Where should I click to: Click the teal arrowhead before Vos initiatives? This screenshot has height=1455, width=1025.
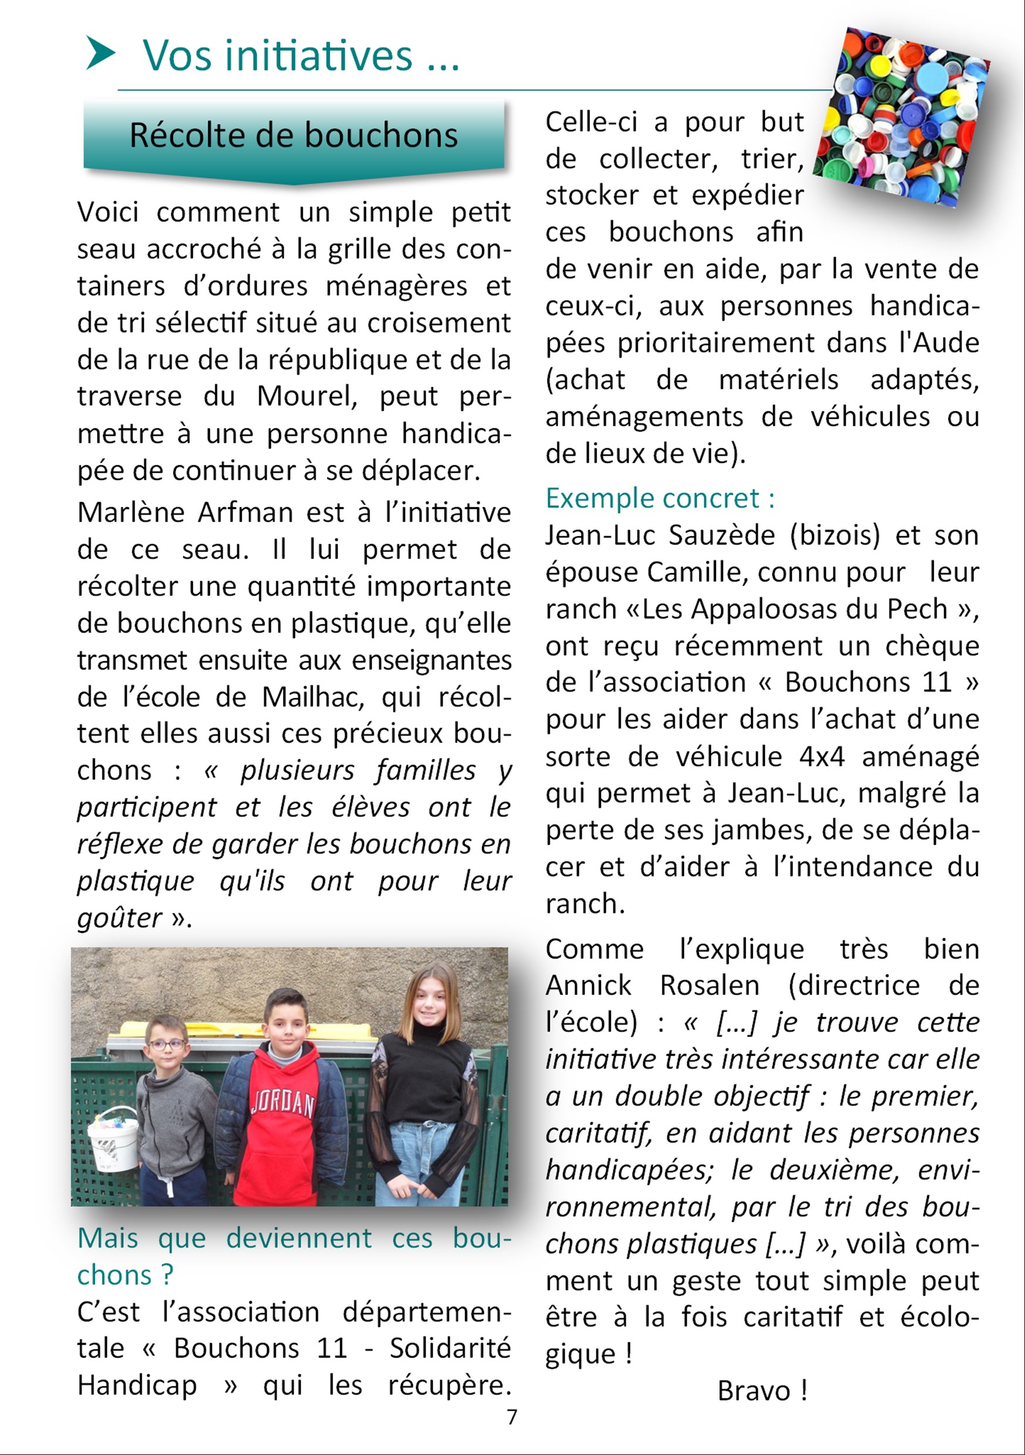(x=100, y=53)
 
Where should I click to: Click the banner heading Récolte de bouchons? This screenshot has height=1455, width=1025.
(x=293, y=136)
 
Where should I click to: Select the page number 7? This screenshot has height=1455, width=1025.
(x=512, y=1417)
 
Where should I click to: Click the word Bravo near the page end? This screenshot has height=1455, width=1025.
(x=754, y=1391)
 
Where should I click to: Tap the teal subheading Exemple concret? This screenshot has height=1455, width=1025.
(x=660, y=498)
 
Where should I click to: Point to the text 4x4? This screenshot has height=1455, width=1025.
(x=822, y=757)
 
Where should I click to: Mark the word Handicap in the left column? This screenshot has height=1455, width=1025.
(x=137, y=1385)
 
